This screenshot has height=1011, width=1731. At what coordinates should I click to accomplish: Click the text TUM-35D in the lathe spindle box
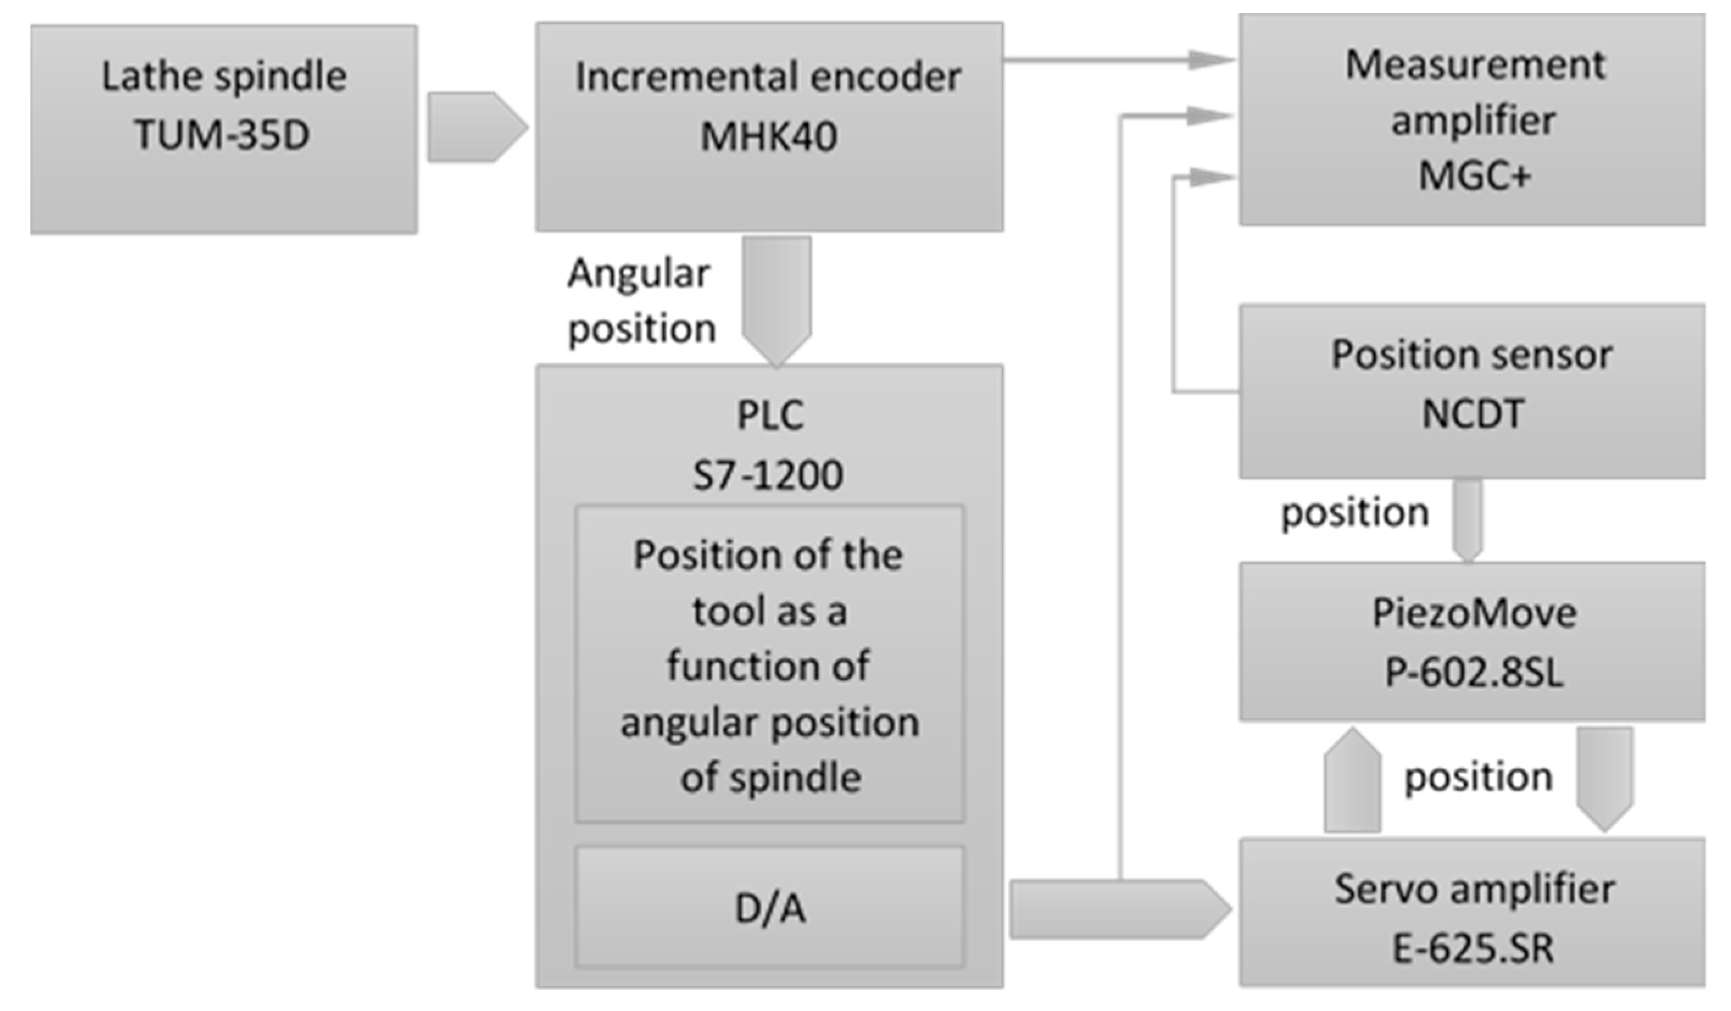tap(222, 134)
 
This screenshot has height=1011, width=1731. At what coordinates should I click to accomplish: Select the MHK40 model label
tap(768, 136)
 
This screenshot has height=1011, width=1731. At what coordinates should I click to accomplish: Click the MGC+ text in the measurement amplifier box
tap(1474, 176)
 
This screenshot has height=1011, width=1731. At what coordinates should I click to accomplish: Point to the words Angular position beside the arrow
tap(641, 301)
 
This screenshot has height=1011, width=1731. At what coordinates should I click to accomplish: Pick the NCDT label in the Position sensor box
tap(1472, 414)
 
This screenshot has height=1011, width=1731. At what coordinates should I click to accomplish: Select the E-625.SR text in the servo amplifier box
tap(1473, 948)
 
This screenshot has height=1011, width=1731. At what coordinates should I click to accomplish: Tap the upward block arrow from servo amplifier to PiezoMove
tap(1352, 782)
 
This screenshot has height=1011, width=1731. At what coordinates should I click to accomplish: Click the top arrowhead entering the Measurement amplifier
tap(1211, 60)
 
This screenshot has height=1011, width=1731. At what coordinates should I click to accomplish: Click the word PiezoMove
tap(1474, 612)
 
